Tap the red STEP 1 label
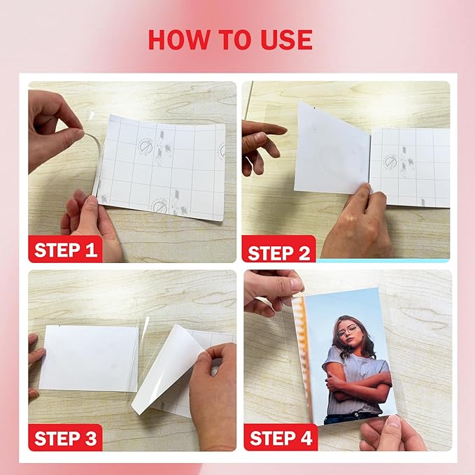tap(66, 249)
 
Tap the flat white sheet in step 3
tap(89, 357)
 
